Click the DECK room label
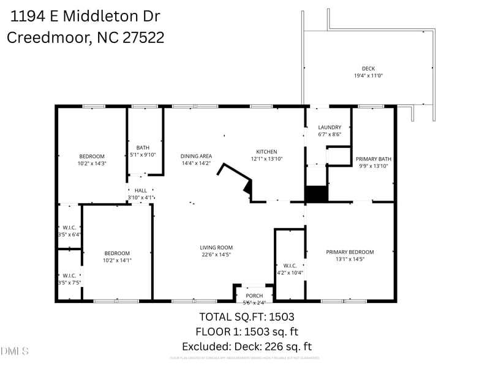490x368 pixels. (x=368, y=69)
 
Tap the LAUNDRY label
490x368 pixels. (x=330, y=128)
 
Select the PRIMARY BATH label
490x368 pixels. (x=373, y=159)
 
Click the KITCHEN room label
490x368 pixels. (x=266, y=151)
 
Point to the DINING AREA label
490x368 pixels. (x=196, y=156)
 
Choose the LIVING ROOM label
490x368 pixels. (x=216, y=248)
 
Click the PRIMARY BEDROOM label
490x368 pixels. (x=350, y=252)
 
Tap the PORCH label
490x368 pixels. (x=254, y=296)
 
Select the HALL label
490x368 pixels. (x=141, y=191)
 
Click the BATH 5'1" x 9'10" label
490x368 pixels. (x=143, y=148)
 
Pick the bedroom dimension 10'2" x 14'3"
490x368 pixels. (x=92, y=163)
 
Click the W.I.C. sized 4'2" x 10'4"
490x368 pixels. (x=290, y=269)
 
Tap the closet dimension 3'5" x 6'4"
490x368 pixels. (x=69, y=234)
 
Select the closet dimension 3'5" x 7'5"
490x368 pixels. (x=69, y=282)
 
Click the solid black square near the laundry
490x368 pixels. (x=317, y=193)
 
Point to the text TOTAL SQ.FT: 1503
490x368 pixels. (x=247, y=317)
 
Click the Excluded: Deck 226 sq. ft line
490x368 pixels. (x=247, y=347)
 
